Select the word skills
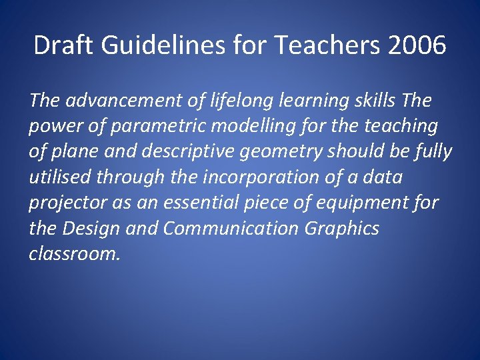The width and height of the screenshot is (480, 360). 371,101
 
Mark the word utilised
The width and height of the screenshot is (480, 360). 54,177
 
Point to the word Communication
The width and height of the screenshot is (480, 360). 231,228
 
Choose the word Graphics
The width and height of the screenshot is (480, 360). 342,228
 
